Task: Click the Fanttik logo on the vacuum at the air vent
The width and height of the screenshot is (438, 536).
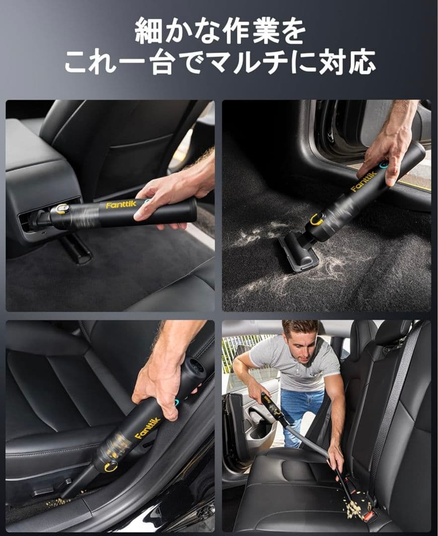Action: tap(121, 204)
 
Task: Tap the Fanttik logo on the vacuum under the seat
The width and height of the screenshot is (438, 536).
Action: tap(147, 428)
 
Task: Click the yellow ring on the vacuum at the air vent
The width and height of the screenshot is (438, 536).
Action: tap(62, 209)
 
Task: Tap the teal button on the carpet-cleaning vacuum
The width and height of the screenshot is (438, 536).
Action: tap(384, 164)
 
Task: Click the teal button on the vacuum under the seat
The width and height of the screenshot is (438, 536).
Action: tap(176, 402)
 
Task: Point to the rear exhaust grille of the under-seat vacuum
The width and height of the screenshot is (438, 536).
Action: tap(197, 366)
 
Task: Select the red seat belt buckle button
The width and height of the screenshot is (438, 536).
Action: tap(368, 516)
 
